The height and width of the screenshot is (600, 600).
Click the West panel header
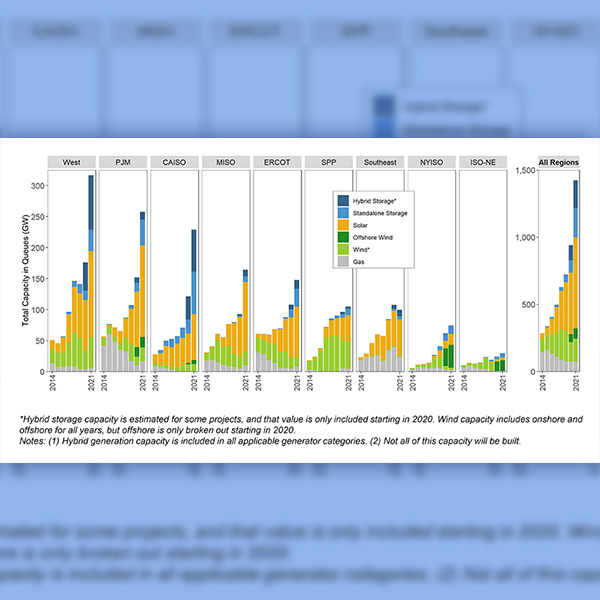coord(72,162)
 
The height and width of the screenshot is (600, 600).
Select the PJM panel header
coord(123,162)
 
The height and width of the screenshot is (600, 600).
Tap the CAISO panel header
coord(174,162)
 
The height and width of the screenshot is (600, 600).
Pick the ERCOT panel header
coord(277,162)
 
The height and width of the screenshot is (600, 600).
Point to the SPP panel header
coord(328,162)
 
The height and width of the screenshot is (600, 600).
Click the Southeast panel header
coord(380,162)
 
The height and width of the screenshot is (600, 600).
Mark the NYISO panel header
coord(431,162)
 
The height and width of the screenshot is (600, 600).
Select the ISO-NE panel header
coord(482,162)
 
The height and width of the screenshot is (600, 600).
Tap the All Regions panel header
coord(559,162)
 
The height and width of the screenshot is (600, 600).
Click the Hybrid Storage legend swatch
coord(344,201)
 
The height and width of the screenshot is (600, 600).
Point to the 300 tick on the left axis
coord(38,186)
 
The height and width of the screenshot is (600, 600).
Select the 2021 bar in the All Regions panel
coord(575,275)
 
